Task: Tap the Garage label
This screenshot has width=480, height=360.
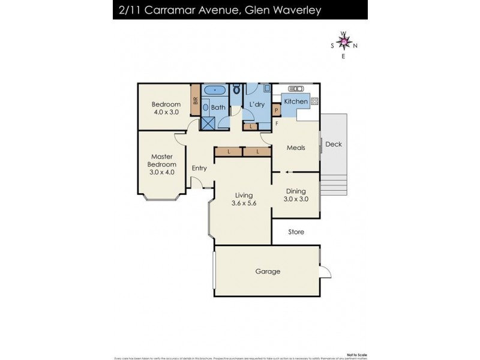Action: point(268,271)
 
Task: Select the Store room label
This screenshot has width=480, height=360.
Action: point(296,232)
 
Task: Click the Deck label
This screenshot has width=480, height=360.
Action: point(333,144)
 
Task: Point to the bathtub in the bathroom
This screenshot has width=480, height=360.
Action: point(215,91)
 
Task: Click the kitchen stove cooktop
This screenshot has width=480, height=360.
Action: point(315,101)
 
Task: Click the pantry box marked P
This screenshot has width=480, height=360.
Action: point(277,110)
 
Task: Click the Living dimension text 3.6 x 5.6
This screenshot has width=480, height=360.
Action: point(244,203)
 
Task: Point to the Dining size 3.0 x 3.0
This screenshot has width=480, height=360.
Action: point(296,199)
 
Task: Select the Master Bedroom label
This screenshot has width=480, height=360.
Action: point(163,164)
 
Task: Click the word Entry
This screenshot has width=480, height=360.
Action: point(199,168)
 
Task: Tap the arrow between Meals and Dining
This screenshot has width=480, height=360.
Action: point(288,172)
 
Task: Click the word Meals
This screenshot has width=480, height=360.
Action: point(296,148)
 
